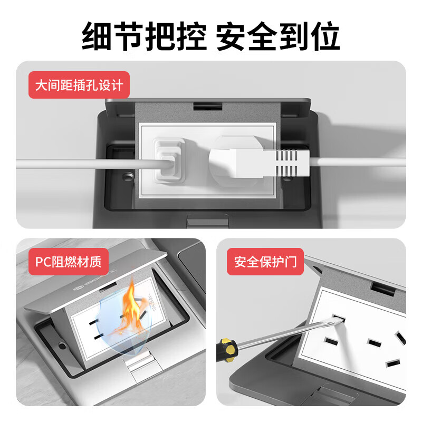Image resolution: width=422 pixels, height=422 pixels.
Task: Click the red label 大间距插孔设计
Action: click(x=79, y=85)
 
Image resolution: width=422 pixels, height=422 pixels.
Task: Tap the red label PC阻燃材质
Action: click(x=68, y=261)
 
